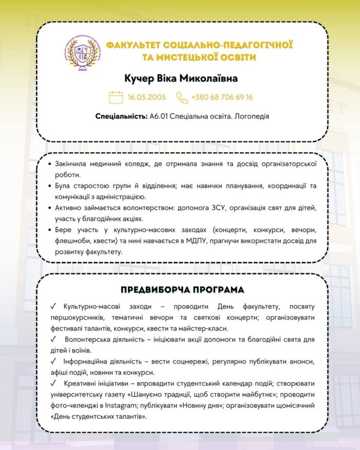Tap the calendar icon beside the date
tap(116, 97)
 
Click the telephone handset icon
tap(182, 97)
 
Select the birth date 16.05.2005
tap(147, 97)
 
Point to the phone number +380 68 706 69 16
tap(222, 97)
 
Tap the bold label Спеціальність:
tap(121, 117)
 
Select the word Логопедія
tap(251, 117)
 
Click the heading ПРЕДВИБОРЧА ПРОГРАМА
tap(183, 290)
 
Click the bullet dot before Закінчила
tap(48, 164)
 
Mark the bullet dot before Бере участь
tap(48, 230)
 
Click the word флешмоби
tap(73, 241)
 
